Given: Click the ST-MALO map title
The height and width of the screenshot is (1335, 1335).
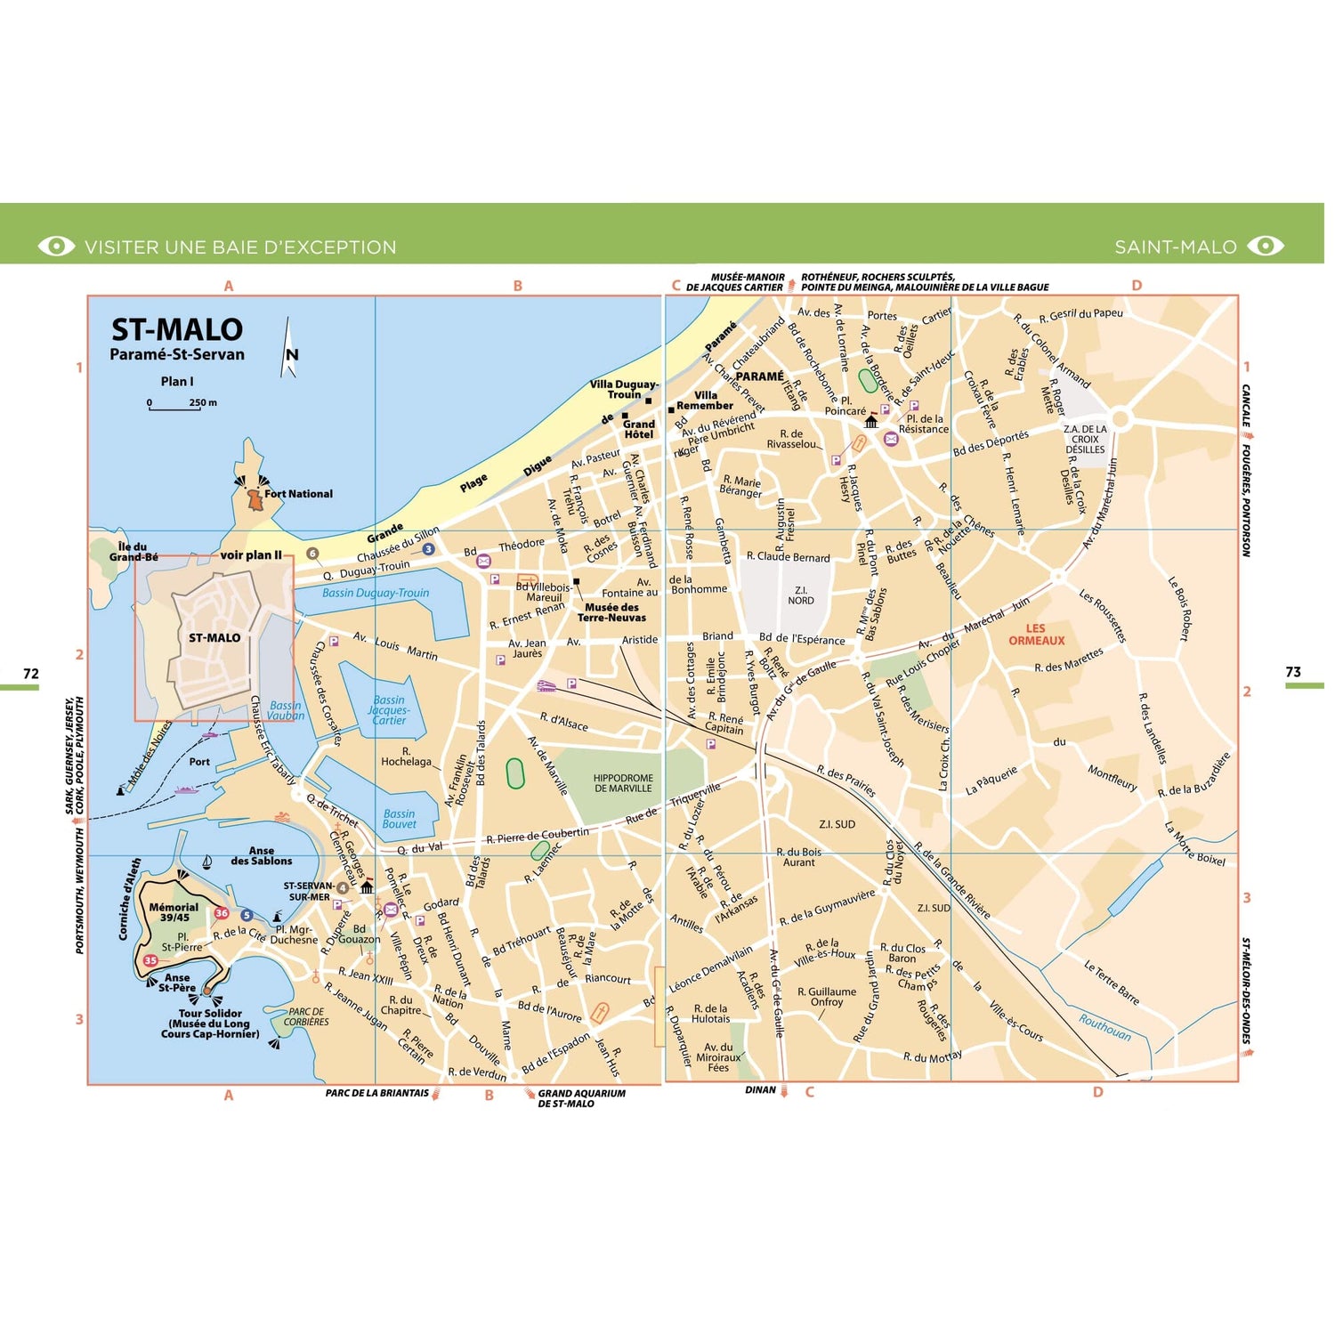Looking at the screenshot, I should pos(176,330).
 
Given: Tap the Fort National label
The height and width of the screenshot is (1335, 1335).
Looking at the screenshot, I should pos(298,494).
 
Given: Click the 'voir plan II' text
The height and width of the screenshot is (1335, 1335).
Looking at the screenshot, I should pos(250,555).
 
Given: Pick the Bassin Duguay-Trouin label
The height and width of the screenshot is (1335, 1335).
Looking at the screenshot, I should pos(375,593).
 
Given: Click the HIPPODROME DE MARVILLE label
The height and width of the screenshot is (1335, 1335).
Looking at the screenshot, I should pos(623,783).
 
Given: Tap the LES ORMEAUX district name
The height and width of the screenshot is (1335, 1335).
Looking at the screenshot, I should pos(1036,635).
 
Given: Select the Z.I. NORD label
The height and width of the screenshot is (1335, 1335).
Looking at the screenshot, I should pos(800,595).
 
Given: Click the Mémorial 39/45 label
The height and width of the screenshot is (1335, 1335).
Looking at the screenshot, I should pos(174,912).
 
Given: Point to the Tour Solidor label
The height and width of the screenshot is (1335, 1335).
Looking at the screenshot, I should pos(210,1014).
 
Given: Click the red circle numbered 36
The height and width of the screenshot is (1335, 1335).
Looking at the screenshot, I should pos(222,913).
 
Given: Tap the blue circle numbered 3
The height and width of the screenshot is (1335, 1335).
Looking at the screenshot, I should pos(428,549).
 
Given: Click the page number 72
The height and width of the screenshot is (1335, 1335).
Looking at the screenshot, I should pos(31,673).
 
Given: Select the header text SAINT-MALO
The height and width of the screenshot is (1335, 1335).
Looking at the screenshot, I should pos(1175,247).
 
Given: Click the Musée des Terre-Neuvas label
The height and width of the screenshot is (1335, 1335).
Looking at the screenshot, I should pos(611,612).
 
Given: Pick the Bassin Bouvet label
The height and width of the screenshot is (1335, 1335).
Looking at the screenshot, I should pos(399,819).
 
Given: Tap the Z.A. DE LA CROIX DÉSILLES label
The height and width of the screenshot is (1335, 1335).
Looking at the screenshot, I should pos(1085,439).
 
